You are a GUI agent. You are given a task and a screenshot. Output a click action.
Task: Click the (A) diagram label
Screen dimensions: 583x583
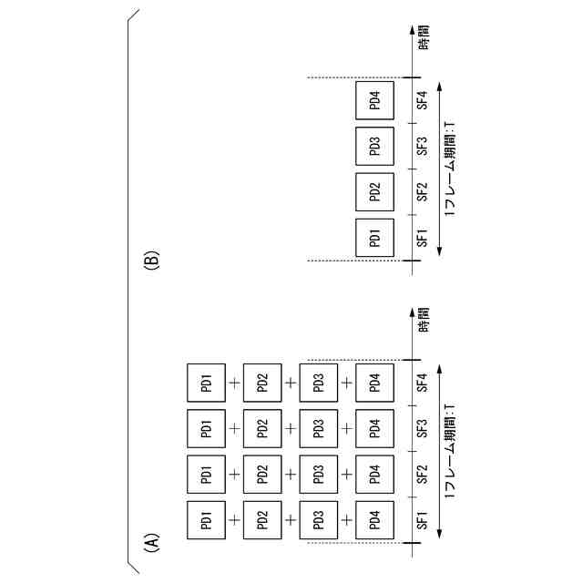[152, 543]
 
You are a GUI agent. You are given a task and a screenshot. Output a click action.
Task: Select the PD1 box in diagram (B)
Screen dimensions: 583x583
[374, 239]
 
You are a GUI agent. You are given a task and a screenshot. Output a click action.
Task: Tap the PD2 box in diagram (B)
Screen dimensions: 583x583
[374, 192]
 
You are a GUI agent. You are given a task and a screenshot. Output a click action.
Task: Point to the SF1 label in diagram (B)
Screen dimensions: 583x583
[422, 239]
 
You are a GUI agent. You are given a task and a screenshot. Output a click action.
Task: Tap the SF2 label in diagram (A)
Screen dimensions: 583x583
[422, 474]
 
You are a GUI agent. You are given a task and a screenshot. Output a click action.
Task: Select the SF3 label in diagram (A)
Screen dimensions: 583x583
[422, 428]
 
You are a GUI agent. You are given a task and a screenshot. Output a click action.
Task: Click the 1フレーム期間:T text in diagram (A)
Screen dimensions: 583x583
[449, 451]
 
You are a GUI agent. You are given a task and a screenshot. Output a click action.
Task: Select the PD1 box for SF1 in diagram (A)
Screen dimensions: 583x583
[206, 520]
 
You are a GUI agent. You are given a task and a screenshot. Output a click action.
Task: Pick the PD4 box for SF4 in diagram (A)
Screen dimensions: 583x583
[374, 383]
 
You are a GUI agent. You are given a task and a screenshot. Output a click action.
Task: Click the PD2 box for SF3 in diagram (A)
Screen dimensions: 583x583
[262, 428]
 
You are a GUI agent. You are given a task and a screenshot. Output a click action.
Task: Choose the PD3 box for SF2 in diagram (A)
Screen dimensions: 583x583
[318, 474]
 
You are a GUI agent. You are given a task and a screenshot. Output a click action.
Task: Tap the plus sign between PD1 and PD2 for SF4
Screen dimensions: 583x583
[234, 383]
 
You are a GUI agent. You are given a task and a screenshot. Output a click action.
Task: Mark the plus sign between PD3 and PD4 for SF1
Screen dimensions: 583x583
[346, 520]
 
